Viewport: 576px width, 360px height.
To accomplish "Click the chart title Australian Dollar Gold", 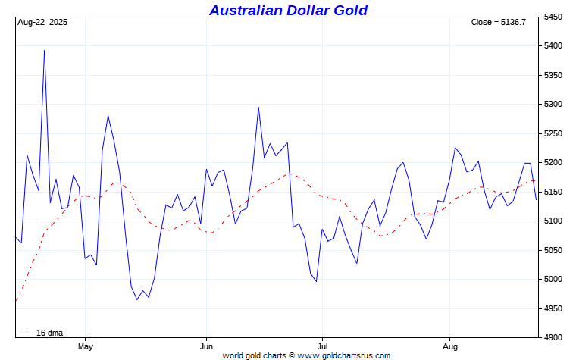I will click(x=288, y=10).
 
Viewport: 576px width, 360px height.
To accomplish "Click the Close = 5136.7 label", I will click(x=498, y=23).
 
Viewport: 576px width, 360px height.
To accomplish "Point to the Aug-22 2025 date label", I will click(x=42, y=23).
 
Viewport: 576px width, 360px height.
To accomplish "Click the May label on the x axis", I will click(x=85, y=346).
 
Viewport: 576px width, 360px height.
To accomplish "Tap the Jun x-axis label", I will click(x=205, y=346).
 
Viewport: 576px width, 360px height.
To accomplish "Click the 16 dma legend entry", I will click(x=45, y=333).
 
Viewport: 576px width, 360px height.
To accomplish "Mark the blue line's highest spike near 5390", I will click(x=45, y=51).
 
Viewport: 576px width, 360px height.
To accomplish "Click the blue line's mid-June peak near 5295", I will click(x=258, y=107).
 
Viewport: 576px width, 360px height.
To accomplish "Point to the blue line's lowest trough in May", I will click(x=137, y=300).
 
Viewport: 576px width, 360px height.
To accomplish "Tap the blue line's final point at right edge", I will click(x=537, y=199).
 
